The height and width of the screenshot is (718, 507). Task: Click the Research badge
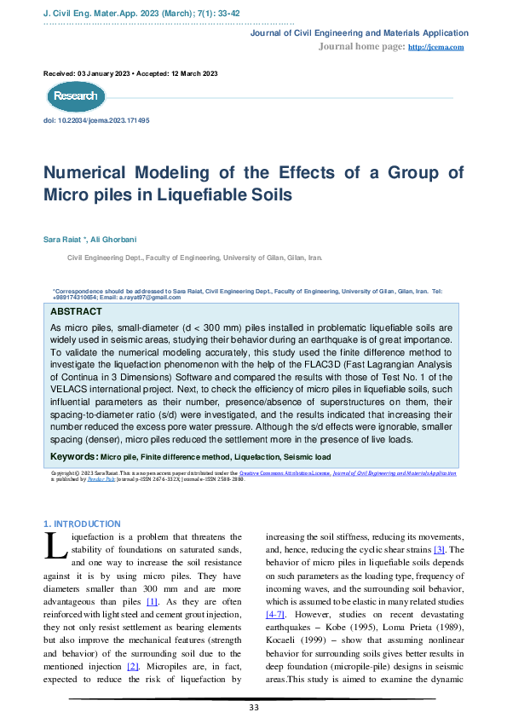[75, 96]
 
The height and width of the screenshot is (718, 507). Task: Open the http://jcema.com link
[436, 47]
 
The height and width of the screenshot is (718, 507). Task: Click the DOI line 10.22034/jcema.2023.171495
[96, 121]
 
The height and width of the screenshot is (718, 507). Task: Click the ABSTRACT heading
[77, 312]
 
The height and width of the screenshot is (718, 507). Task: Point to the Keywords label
[73, 457]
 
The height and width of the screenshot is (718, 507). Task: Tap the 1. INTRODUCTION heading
[82, 524]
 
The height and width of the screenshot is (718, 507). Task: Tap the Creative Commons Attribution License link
[284, 472]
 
